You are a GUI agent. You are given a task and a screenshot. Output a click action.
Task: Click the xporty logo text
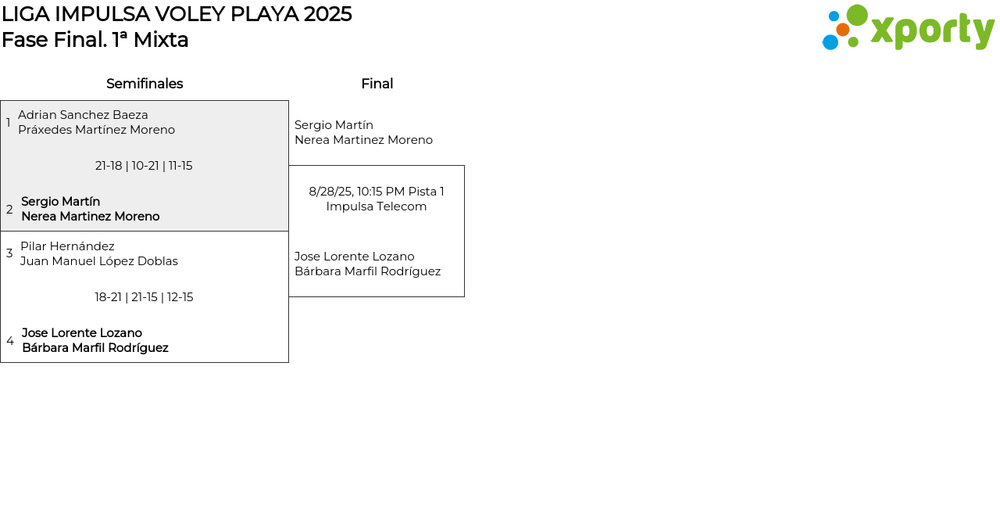pyautogui.click(x=932, y=31)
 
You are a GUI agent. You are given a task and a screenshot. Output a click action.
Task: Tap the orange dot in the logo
pyautogui.click(x=842, y=30)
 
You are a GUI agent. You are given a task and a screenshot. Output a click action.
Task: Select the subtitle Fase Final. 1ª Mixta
pyautogui.click(x=95, y=40)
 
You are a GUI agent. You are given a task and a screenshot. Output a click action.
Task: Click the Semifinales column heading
pyautogui.click(x=145, y=84)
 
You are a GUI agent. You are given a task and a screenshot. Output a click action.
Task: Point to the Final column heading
pyautogui.click(x=377, y=84)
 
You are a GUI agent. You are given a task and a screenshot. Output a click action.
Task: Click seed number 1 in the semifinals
pyautogui.click(x=9, y=123)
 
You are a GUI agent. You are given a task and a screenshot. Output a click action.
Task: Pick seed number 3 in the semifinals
pyautogui.click(x=9, y=253)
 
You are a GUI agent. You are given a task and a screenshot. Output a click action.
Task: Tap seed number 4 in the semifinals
pyautogui.click(x=10, y=341)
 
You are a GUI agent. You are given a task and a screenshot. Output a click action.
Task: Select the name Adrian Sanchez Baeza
pyautogui.click(x=83, y=115)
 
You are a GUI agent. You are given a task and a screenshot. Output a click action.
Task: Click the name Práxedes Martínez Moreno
pyautogui.click(x=96, y=130)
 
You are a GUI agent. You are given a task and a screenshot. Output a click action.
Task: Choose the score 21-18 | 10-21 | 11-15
pyautogui.click(x=144, y=166)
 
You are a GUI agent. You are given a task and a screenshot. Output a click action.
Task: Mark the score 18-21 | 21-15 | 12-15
pyautogui.click(x=144, y=297)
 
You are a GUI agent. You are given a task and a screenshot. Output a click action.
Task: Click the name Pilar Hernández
pyautogui.click(x=67, y=246)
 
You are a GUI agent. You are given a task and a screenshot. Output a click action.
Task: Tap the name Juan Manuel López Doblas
pyautogui.click(x=99, y=261)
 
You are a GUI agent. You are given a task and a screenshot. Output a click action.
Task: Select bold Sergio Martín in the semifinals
pyautogui.click(x=60, y=202)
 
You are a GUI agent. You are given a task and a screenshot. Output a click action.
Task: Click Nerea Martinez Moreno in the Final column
pyautogui.click(x=363, y=140)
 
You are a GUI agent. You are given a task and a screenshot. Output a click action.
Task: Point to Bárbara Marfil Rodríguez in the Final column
pyautogui.click(x=367, y=271)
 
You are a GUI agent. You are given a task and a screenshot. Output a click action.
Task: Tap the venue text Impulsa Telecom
pyautogui.click(x=377, y=206)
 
